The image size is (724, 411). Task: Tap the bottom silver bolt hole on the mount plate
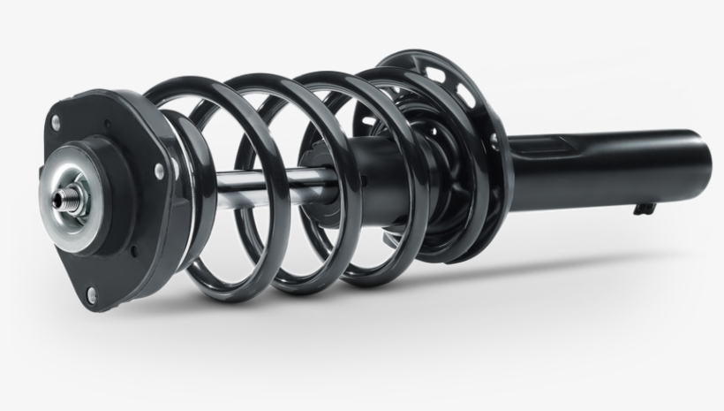pos(91,295)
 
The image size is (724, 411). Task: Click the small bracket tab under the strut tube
pos(644,209)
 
